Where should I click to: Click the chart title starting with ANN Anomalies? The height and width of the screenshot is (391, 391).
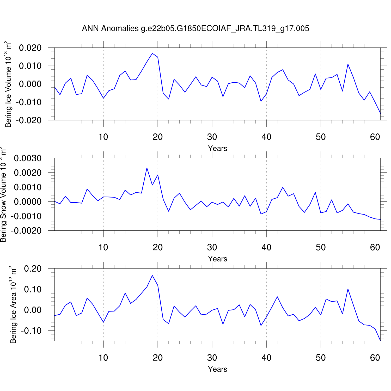click(x=195, y=28)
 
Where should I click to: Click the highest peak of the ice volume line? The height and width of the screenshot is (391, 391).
click(x=152, y=53)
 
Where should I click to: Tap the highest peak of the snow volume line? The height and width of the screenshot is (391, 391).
click(x=147, y=168)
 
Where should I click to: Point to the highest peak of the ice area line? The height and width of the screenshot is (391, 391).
click(x=152, y=276)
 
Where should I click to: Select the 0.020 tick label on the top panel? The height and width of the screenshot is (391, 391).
click(x=30, y=48)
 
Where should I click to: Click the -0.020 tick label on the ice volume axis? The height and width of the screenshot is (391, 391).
click(x=29, y=120)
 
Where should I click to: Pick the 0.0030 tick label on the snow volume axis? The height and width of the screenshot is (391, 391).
click(x=28, y=158)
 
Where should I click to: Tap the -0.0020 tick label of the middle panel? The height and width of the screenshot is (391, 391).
click(x=26, y=231)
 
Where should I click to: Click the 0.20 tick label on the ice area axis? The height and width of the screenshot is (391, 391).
click(x=33, y=269)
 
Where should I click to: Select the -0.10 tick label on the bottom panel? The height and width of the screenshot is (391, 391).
click(x=31, y=331)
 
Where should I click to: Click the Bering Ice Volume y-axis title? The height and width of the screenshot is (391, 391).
click(x=8, y=84)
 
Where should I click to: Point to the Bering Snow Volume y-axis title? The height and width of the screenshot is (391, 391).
click(x=3, y=194)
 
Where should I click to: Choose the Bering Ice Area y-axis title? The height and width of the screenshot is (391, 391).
click(x=13, y=305)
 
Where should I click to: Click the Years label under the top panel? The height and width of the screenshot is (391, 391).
click(x=217, y=148)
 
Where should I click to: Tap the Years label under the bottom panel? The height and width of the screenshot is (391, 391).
click(x=217, y=369)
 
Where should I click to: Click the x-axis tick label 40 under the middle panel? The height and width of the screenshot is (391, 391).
click(x=266, y=247)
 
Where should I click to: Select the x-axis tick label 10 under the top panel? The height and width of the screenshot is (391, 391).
click(x=103, y=137)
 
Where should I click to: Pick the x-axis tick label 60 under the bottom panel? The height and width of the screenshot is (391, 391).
click(x=375, y=358)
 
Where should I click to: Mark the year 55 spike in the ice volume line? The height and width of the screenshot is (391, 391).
click(x=348, y=64)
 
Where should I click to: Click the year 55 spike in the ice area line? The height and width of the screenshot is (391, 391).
click(x=348, y=289)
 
